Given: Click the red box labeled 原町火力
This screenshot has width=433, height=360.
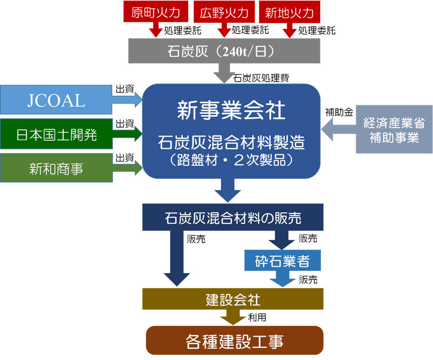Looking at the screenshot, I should tap(156, 12).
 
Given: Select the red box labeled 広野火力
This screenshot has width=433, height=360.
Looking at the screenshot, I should tap(224, 12).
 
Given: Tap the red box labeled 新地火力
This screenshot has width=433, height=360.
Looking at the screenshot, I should tap(289, 12).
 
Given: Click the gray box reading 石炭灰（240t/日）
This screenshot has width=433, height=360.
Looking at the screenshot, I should tap(224, 51).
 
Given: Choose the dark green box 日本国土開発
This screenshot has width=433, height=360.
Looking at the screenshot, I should tap(56, 135).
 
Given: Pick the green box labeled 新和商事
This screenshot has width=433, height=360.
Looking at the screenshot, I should tap(56, 168).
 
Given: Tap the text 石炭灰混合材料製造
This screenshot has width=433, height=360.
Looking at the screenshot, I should tap(231, 142).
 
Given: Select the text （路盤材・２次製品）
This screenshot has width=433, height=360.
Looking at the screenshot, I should tap(231, 160).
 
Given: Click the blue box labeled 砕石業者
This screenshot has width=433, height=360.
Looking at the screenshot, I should tap(282, 261).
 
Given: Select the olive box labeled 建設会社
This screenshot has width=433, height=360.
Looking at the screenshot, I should tap(233, 299).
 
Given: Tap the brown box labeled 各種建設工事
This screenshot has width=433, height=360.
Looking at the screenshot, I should tap(235, 342).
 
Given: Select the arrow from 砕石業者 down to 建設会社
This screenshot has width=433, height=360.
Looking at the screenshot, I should tap(282, 280).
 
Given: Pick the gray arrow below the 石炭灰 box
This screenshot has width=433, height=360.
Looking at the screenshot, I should tap(224, 73).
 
